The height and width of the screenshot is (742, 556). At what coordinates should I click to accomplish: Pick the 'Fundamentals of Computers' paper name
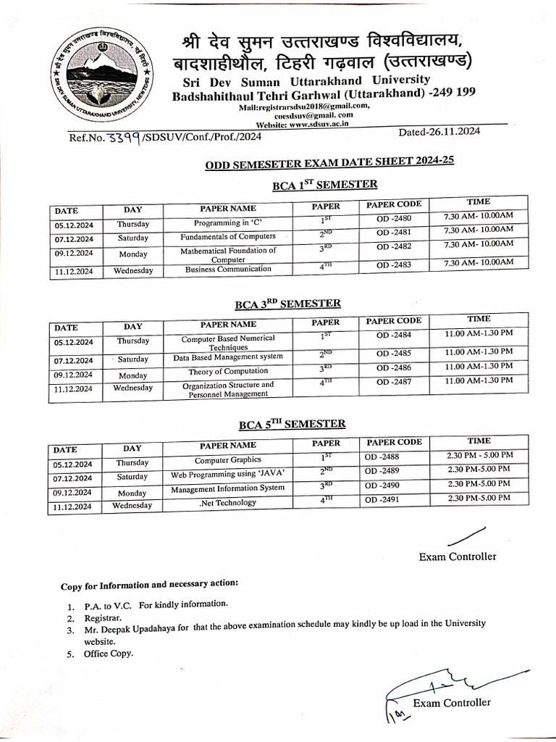tap(228, 236)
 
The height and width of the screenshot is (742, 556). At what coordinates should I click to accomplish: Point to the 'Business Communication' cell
tap(228, 269)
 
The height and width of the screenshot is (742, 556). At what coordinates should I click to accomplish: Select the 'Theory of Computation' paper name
tap(228, 371)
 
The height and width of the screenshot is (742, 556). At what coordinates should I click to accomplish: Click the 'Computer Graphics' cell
tap(228, 460)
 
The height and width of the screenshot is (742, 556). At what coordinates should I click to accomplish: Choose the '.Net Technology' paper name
tap(227, 502)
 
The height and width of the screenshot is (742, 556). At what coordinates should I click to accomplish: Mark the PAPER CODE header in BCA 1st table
tap(393, 204)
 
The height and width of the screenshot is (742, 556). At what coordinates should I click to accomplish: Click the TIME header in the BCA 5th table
tap(479, 441)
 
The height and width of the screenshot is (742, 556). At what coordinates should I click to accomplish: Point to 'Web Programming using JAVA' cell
tap(228, 475)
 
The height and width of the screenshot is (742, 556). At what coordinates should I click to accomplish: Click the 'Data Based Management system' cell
tap(227, 357)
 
